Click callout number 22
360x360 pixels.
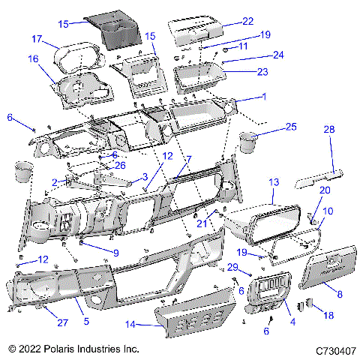click(x=247, y=21)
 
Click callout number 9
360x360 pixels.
click(x=115, y=253)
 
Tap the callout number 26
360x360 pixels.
click(x=120, y=165)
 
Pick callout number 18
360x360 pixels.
click(x=327, y=316)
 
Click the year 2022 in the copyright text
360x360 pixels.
click(x=38, y=349)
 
